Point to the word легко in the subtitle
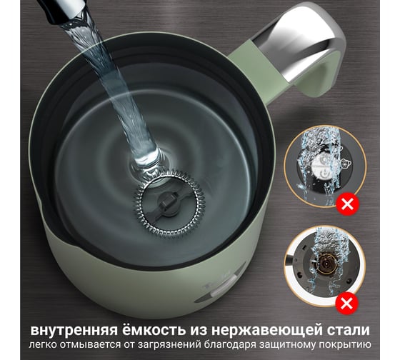pos(41,345)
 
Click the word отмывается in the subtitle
pos(88,344)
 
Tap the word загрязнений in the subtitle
pos(168,346)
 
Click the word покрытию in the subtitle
pos(345,345)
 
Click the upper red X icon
pos(347,204)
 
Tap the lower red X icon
pos(347,304)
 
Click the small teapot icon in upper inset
pos(346,163)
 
